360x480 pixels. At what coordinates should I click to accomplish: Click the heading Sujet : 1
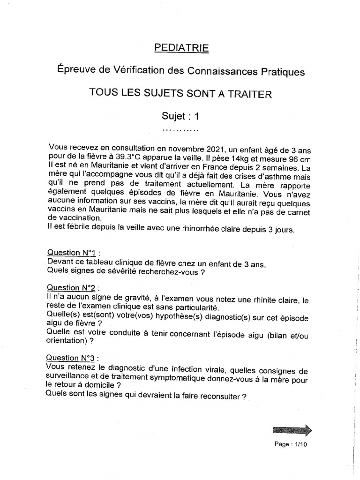[x=180, y=115]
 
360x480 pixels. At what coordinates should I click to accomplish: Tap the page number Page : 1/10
[x=291, y=444]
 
